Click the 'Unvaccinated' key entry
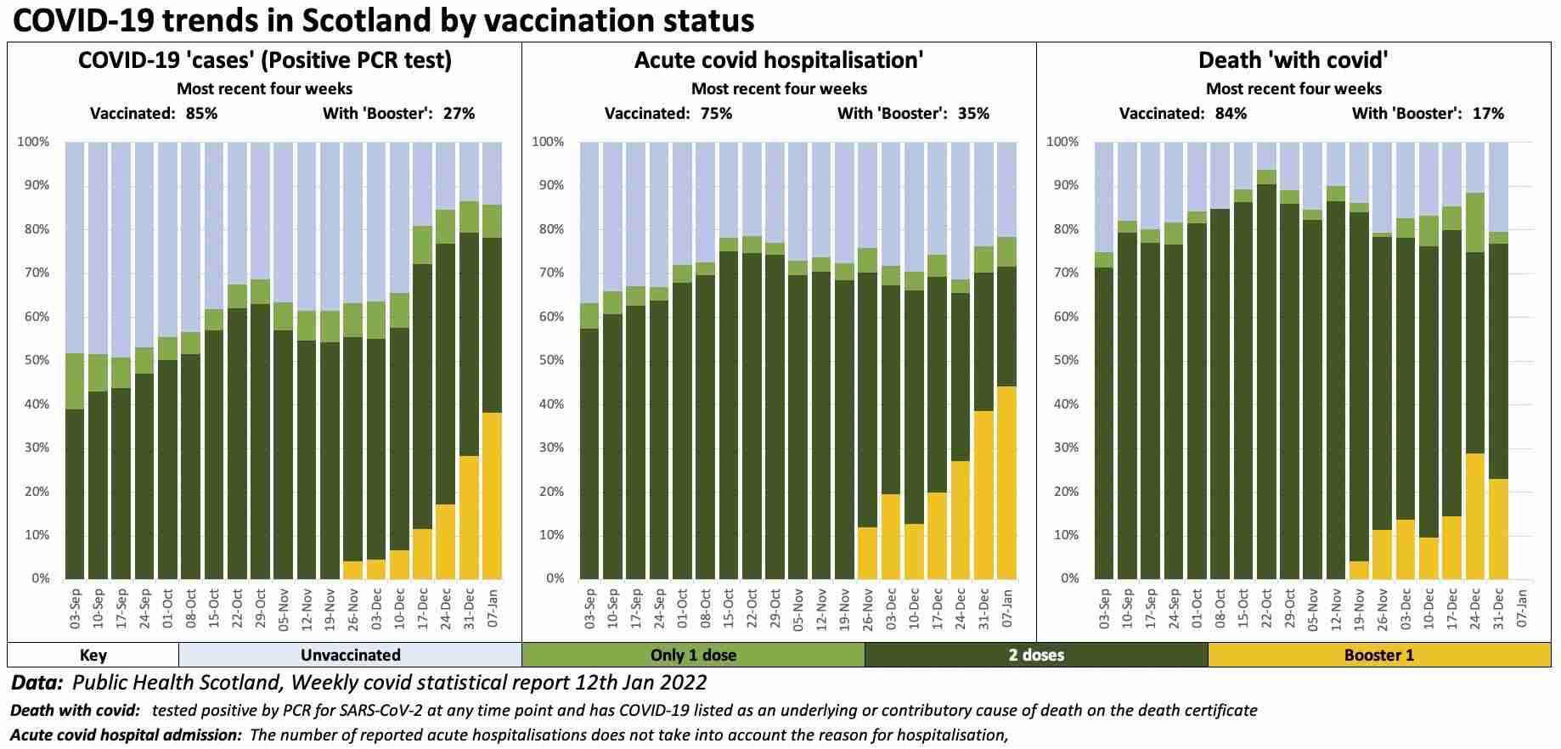tap(350, 655)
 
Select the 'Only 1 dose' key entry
tap(693, 655)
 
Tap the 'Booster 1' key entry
tap(1378, 655)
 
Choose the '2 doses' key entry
tap(1036, 655)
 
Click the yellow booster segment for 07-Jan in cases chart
tap(491, 495)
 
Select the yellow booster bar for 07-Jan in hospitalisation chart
tap(1006, 482)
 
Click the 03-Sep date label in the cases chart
tap(75, 608)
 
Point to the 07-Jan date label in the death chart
tap(1521, 608)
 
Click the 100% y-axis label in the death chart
tap(1062, 142)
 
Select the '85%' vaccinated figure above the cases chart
tap(201, 113)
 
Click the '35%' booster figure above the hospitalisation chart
tap(972, 113)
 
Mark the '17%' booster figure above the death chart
tap(1487, 113)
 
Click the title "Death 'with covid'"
tap(1293, 60)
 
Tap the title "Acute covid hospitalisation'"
tap(779, 60)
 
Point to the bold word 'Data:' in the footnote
tap(37, 683)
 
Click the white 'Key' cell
tap(93, 655)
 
